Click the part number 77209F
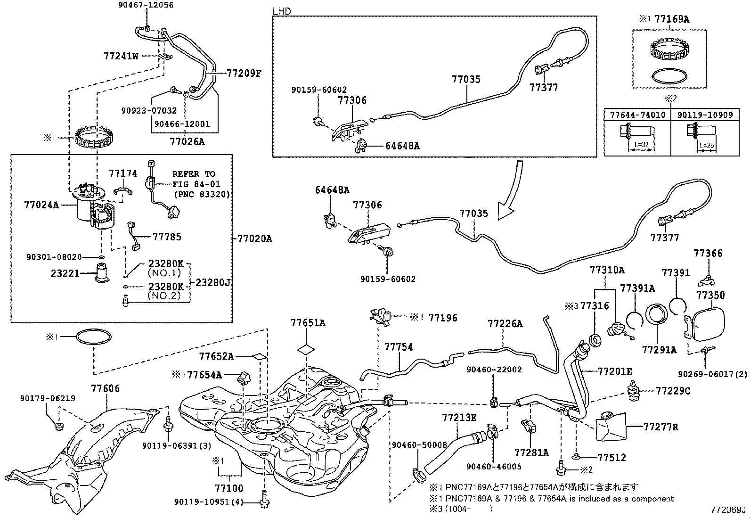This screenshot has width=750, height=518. [244, 73]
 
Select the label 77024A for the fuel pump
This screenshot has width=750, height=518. [41, 205]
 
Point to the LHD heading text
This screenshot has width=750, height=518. [282, 11]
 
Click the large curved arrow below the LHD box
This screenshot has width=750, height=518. [511, 193]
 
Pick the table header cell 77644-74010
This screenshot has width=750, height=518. [637, 115]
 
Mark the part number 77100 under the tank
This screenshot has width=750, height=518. [229, 489]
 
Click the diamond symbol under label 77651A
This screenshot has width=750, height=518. [307, 349]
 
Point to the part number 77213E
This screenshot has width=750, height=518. [459, 418]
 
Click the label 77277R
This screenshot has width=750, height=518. [661, 427]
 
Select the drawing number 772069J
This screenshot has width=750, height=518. [729, 510]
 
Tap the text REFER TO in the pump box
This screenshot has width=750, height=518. [194, 174]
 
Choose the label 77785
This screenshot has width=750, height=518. [167, 237]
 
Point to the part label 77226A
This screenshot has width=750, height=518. [505, 324]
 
